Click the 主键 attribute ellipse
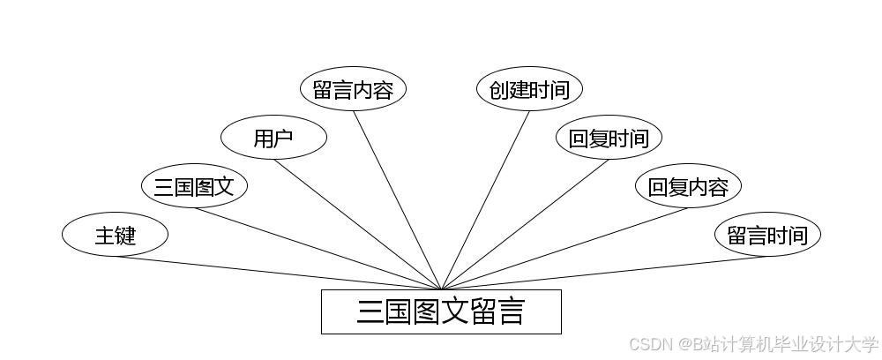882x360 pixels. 115,235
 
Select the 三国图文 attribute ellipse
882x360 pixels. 194,186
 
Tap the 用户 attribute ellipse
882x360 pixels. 273,138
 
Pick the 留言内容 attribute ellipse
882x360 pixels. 353,89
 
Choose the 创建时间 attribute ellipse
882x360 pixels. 529,89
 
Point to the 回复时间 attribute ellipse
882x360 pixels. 609,138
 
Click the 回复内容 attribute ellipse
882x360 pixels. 688,186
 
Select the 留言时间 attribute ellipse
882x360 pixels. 767,235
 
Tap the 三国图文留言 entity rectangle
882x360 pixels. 441,311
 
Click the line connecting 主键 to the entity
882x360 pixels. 278,273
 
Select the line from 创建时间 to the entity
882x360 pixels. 485,199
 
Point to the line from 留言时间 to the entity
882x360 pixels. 604,273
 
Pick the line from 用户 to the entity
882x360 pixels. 357,224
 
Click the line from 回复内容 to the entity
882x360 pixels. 564,248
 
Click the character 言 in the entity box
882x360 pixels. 511,311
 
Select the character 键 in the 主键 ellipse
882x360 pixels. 125,235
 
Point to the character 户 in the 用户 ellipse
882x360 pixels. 284,138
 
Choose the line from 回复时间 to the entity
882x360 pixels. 525,224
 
